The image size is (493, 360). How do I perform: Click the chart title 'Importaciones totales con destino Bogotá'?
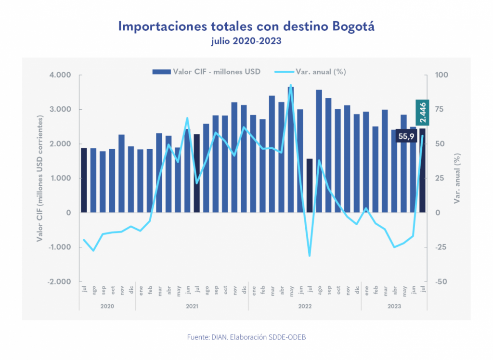tap(246, 26)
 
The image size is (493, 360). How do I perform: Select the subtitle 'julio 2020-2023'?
tap(246, 41)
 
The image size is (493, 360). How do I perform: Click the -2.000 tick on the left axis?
tap(58, 282)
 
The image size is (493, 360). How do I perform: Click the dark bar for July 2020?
tap(84, 180)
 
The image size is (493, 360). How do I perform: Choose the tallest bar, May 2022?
tap(291, 149)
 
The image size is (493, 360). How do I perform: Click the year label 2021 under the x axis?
tap(192, 306)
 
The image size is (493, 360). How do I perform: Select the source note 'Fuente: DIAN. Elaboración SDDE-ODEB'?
tap(246, 337)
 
